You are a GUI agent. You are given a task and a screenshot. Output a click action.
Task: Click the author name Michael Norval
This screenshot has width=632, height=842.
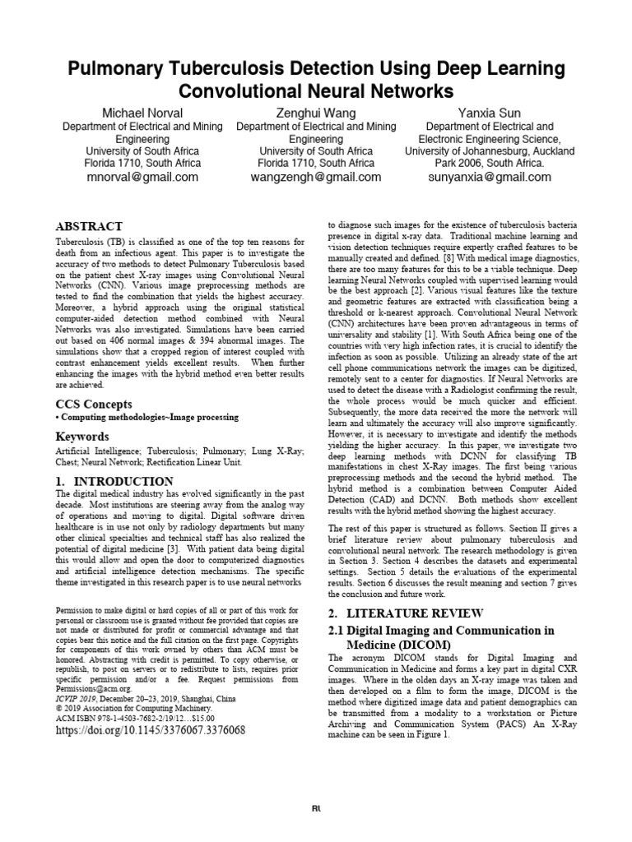pos(142,112)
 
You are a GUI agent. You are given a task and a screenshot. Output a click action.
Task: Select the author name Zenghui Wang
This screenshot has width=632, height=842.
pos(316,112)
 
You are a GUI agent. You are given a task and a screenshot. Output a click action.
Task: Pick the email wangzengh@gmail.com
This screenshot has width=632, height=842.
pos(316,177)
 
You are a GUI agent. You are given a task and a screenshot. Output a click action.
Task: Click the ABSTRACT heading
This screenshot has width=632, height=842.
pos(89,226)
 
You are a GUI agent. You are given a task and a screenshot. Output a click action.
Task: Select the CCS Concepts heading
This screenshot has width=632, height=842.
pos(93,404)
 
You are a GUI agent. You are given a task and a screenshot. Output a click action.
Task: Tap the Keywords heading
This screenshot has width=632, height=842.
pos(81,437)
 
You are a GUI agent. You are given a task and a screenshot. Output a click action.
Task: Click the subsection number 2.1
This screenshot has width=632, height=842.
pos(339,630)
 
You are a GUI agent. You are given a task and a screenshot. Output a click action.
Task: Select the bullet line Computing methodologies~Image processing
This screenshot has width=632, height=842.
pos(147,418)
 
